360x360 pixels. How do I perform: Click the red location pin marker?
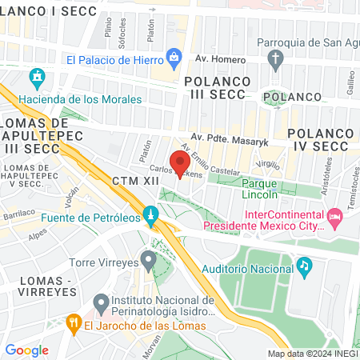click(x=178, y=162)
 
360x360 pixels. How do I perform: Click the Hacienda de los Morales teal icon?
click(x=36, y=78)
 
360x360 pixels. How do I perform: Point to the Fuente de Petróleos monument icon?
click(x=149, y=214)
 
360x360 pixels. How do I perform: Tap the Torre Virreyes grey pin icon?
click(x=148, y=261)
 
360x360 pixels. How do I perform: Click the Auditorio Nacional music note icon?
click(x=304, y=265)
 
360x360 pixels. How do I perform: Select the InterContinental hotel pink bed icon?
click(x=334, y=217)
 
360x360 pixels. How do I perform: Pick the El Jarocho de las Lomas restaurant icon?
click(x=74, y=324)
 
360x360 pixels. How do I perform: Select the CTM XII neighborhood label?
click(x=131, y=182)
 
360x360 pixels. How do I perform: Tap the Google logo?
click(x=26, y=350)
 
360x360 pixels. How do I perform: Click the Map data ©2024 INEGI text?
click(x=312, y=354)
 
